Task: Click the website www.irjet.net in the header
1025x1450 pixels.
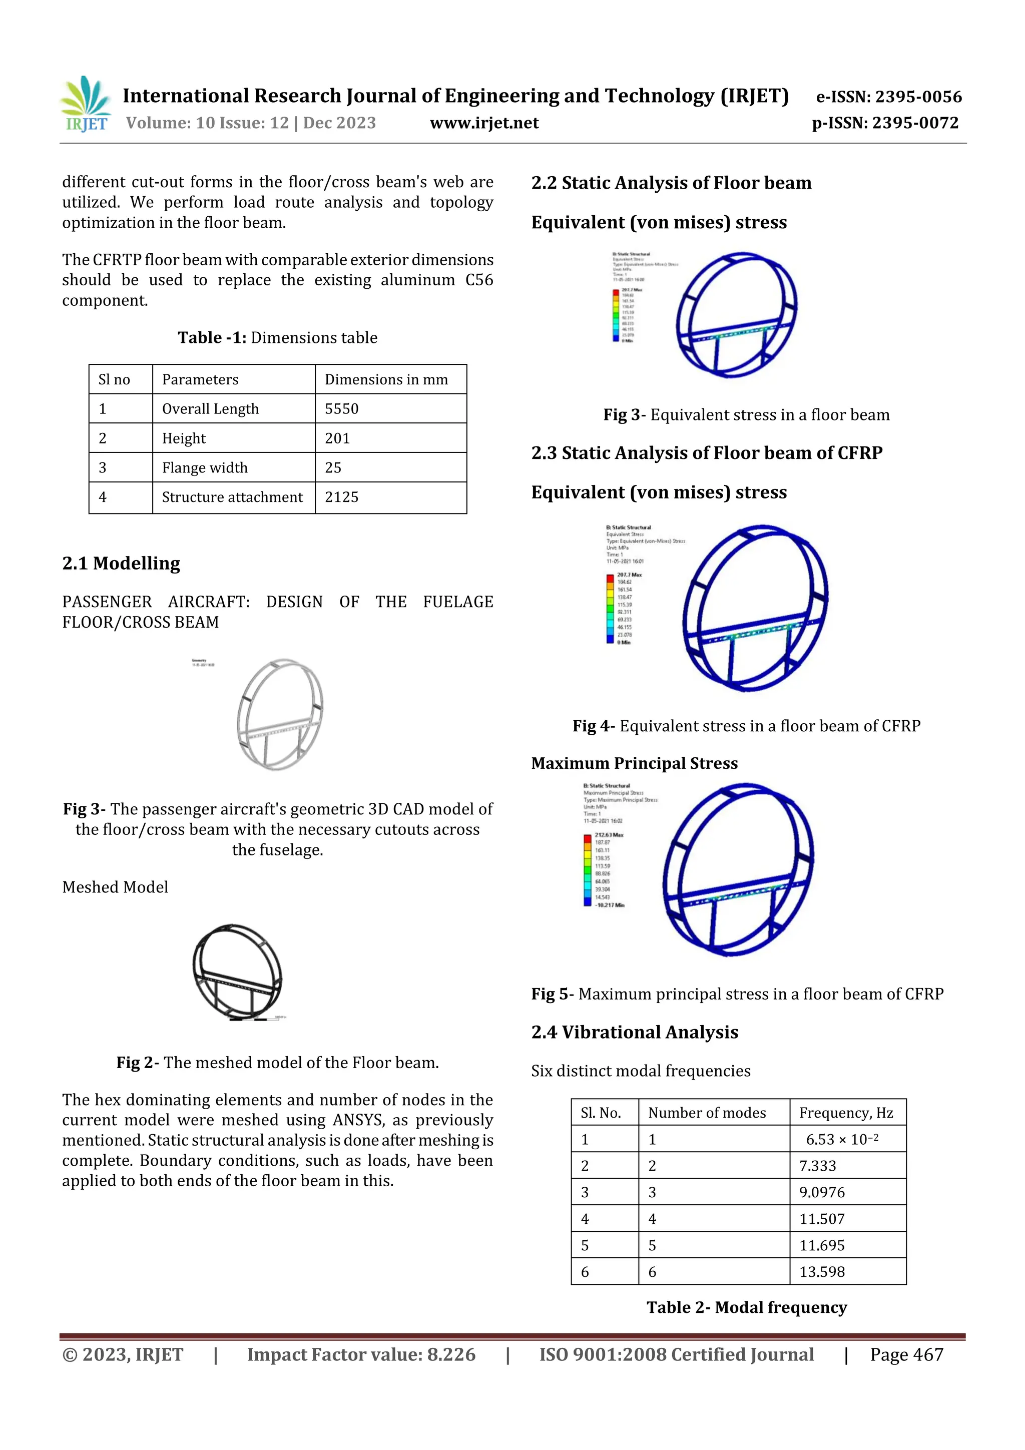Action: tap(484, 123)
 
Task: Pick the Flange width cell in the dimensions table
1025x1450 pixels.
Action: tap(205, 467)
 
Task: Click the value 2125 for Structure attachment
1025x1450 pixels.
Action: tap(342, 497)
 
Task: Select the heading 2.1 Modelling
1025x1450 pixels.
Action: tap(121, 563)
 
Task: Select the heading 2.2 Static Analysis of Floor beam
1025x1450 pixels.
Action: tap(671, 183)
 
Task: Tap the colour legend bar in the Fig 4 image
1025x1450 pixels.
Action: tap(610, 608)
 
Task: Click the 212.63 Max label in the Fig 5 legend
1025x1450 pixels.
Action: tap(608, 834)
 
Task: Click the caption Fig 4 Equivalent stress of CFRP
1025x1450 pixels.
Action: tap(746, 726)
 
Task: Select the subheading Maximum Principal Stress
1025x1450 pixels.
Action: tap(634, 763)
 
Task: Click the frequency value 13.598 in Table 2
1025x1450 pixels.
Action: tap(822, 1272)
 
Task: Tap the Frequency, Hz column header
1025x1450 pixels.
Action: tap(846, 1113)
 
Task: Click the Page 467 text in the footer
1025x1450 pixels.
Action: tap(906, 1354)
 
